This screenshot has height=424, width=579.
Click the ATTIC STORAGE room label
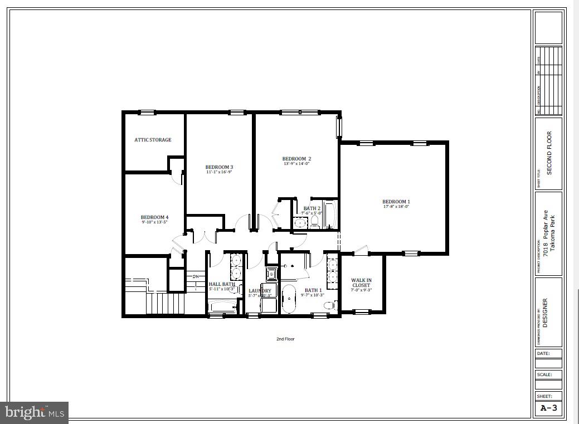[153, 140]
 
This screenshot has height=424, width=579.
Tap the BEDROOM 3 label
[219, 167]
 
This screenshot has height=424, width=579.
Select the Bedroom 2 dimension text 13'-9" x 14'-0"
[296, 164]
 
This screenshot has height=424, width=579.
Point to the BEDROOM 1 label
[396, 202]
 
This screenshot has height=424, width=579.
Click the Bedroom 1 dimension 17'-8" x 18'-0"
[396, 207]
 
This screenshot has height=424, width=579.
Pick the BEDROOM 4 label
[154, 217]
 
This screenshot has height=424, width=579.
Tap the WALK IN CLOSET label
[361, 282]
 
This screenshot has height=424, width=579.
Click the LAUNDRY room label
[260, 291]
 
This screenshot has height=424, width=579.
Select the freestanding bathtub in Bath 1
[289, 299]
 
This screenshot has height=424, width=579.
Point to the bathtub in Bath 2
[330, 215]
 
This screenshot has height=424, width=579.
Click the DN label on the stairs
[196, 276]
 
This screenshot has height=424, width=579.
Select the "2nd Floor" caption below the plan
[285, 339]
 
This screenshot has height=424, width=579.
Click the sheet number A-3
[548, 408]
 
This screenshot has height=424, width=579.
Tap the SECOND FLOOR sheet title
[549, 153]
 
